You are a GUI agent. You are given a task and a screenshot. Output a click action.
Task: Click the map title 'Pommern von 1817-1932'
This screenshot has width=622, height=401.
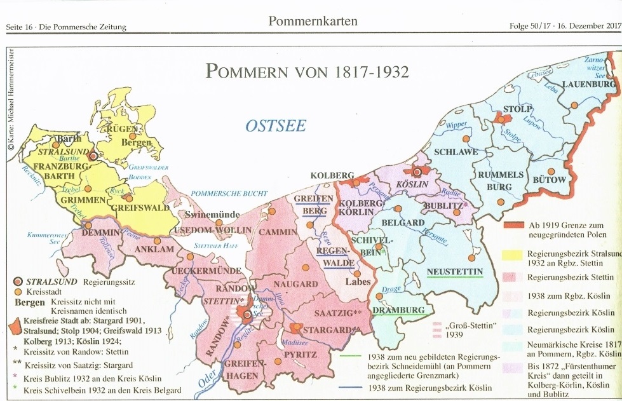[x=306, y=70]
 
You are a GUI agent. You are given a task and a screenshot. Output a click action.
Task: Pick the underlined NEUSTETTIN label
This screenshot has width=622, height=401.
[x=454, y=272]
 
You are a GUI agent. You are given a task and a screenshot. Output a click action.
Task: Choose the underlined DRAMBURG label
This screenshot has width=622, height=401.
[x=398, y=310]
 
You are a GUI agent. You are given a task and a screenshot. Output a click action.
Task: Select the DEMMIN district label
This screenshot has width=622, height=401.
[x=97, y=233]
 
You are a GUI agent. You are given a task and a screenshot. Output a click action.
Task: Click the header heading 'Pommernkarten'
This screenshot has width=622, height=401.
[x=313, y=22]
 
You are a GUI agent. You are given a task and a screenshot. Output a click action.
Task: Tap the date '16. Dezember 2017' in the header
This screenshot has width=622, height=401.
[x=590, y=26]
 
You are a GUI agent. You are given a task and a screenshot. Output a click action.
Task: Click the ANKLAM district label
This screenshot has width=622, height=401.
[x=151, y=249]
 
